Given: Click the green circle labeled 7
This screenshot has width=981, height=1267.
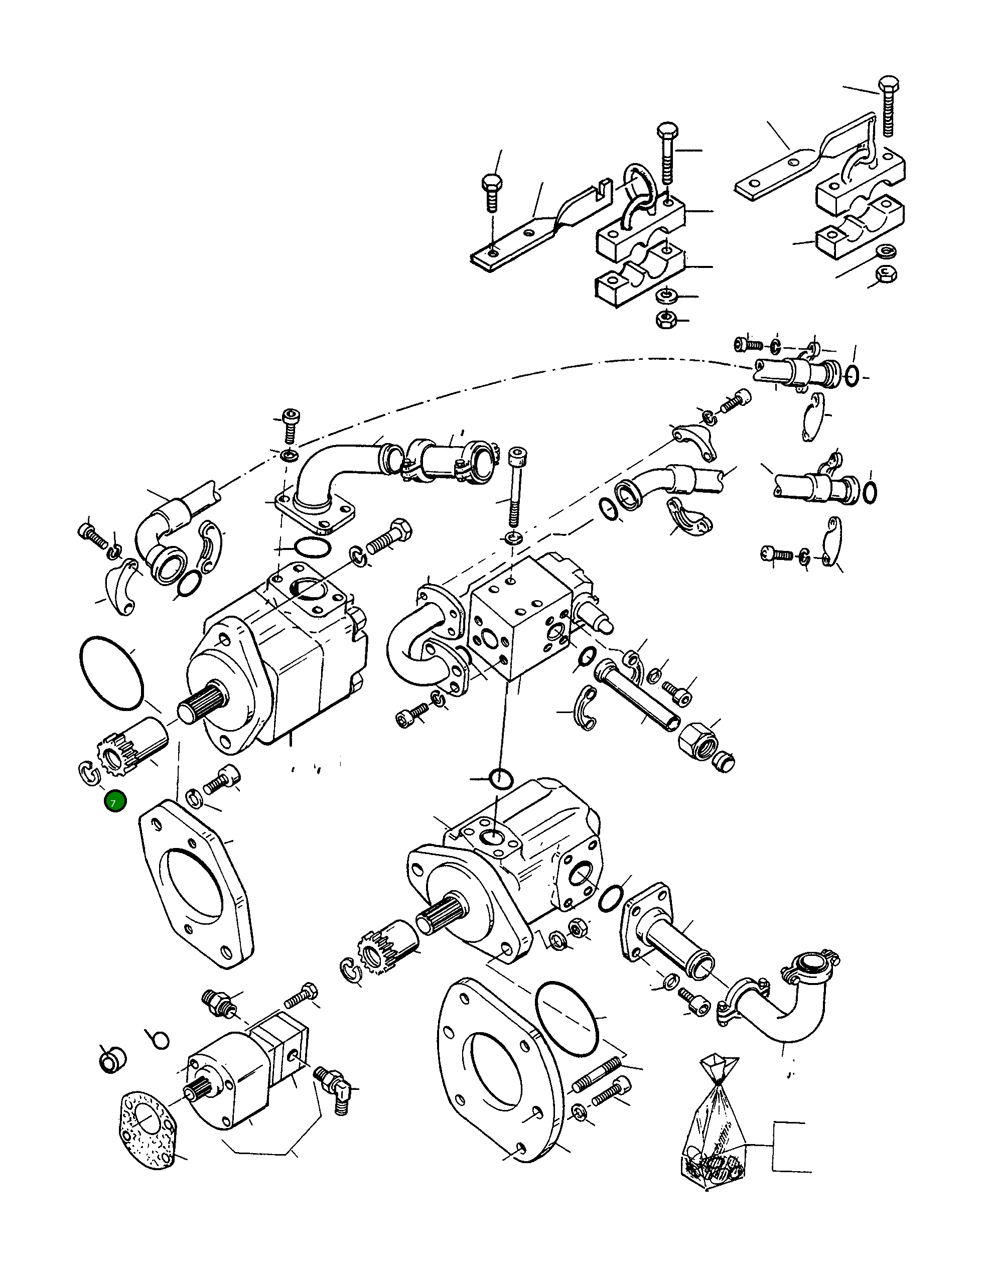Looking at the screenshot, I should click(115, 802).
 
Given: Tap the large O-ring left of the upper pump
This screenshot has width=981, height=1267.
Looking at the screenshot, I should click(111, 673).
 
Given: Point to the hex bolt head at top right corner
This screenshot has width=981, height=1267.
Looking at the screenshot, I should click(888, 85).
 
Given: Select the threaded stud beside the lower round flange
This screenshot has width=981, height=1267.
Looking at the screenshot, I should click(595, 1074).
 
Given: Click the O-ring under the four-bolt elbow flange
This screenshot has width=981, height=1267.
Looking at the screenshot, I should click(313, 547).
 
